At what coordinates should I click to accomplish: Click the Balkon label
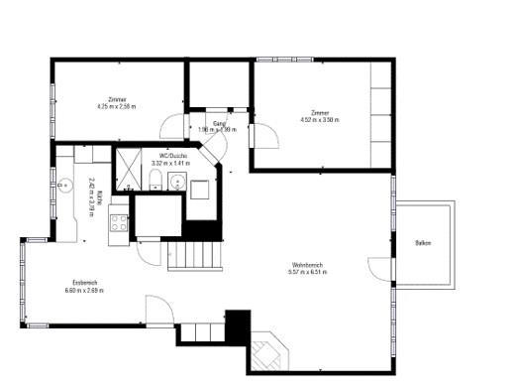coord(423,243)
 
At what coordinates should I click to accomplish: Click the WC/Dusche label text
coord(166,154)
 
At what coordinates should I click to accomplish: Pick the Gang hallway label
coord(218,123)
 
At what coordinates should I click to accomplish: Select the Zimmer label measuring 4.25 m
coord(117,99)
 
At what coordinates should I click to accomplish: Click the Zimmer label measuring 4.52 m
coord(319,112)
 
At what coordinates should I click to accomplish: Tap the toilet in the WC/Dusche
coord(157,179)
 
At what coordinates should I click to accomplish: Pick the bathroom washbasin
coord(177,182)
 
